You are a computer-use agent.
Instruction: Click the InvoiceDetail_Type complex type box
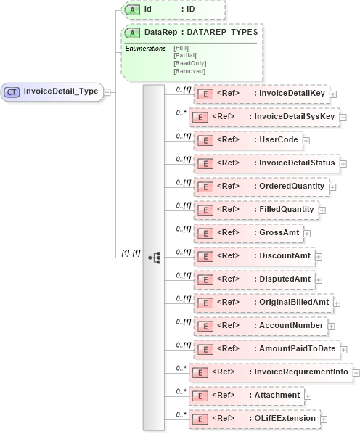52,91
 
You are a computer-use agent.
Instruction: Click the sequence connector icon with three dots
154,257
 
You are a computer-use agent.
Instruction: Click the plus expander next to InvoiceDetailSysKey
343,117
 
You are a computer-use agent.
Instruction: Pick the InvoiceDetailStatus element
266,163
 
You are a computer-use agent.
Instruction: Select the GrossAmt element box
247,233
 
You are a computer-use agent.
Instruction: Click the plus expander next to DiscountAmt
319,256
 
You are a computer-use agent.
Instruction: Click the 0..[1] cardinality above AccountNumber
183,322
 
